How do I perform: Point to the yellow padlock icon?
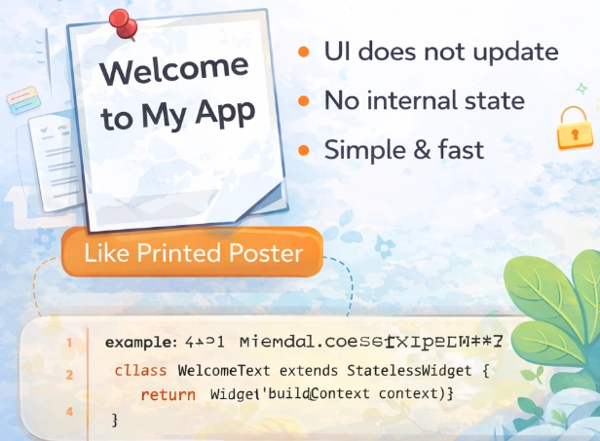click(x=575, y=129)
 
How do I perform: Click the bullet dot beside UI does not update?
click(x=306, y=52)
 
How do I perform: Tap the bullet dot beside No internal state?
click(x=306, y=100)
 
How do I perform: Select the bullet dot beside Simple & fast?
click(x=306, y=150)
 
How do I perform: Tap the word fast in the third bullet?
click(x=458, y=150)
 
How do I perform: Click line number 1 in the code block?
click(x=69, y=343)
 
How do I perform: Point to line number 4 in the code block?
click(x=69, y=412)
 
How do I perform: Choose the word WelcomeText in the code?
click(x=224, y=372)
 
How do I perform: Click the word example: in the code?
click(x=141, y=343)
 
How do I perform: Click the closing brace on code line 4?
click(x=115, y=419)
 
